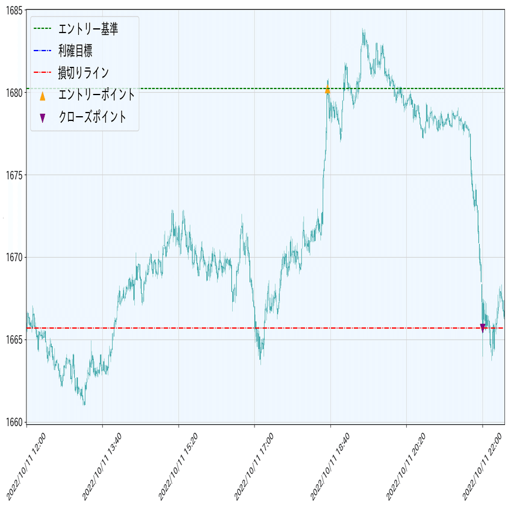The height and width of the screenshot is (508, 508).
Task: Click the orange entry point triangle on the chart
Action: pyautogui.click(x=327, y=90)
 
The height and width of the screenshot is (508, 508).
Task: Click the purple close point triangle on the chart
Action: pyautogui.click(x=483, y=327)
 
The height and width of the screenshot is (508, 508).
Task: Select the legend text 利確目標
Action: pyautogui.click(x=75, y=51)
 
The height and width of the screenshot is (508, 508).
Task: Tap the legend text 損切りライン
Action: pyautogui.click(x=84, y=73)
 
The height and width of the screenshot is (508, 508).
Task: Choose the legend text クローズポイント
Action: pyautogui.click(x=93, y=117)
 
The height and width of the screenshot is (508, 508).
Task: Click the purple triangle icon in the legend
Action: pyautogui.click(x=42, y=118)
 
